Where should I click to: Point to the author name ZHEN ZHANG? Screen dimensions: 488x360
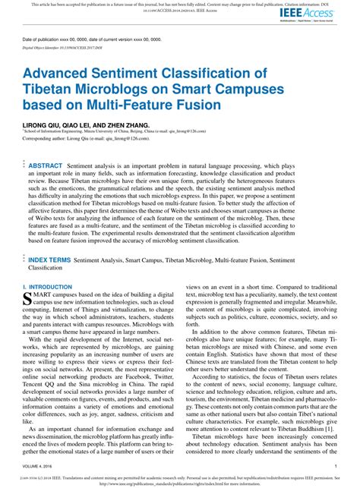pos(131,123)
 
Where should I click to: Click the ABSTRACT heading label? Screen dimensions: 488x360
pos(46,165)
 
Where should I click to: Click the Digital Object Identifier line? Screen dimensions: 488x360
pos(62,47)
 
